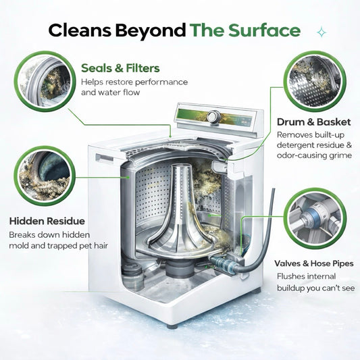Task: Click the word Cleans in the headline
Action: coord(80,30)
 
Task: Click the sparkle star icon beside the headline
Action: coord(322,32)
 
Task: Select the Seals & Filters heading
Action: coord(120,68)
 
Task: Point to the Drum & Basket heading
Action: coord(314,122)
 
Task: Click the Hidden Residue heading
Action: coord(47,221)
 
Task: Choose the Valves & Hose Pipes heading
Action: coord(314,263)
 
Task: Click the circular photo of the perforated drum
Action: coord(315,81)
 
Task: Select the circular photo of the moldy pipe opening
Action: coord(45,176)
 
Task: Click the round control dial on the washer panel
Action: coord(213,117)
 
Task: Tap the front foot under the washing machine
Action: coord(172,326)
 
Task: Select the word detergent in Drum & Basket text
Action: coord(295,145)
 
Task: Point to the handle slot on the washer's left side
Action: coord(105,158)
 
